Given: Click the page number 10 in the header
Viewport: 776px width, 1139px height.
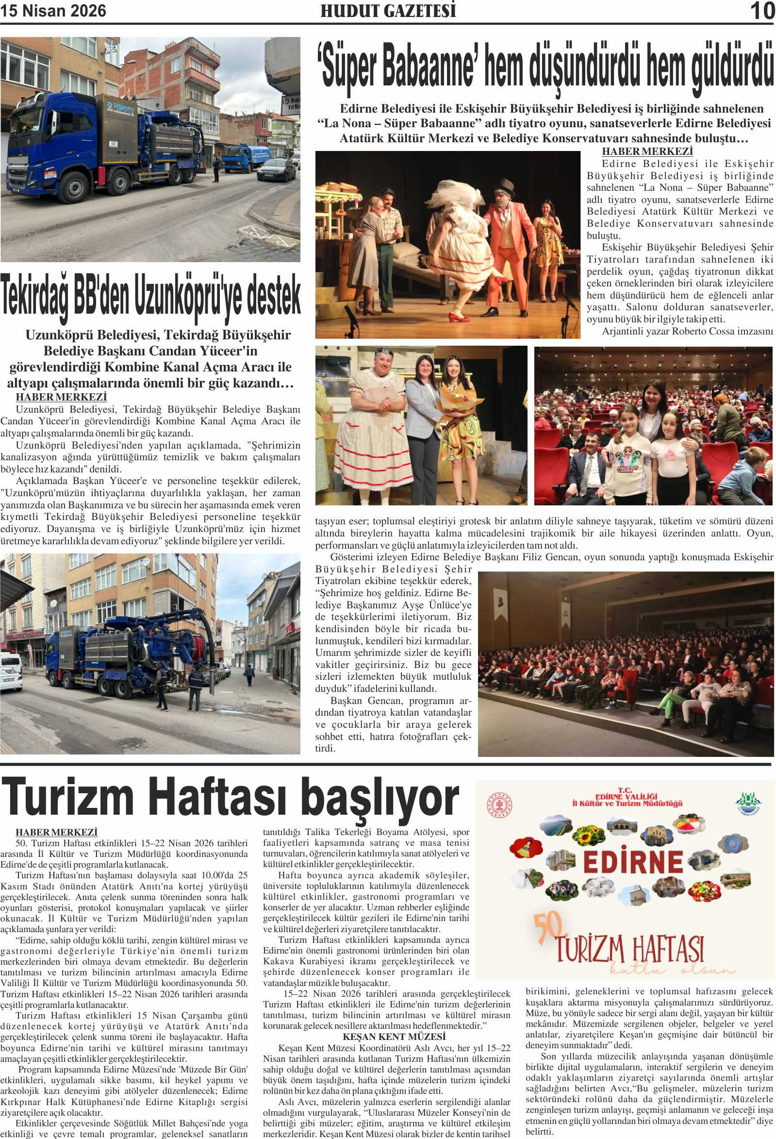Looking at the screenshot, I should point(762,11).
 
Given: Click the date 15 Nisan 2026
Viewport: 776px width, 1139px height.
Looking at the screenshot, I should point(53,11).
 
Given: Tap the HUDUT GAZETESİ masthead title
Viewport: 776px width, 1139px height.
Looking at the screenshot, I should point(388,11).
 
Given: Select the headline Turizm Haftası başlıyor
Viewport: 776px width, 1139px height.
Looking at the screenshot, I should point(230,798).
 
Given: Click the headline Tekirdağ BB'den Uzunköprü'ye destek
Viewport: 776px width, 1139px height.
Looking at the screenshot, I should point(150,297).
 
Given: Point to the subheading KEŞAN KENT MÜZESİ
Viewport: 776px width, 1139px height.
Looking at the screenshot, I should point(394,1036).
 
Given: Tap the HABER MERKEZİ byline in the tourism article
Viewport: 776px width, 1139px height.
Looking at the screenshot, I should point(56,832).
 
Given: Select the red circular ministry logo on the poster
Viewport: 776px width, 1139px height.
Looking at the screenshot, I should point(499,805).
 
